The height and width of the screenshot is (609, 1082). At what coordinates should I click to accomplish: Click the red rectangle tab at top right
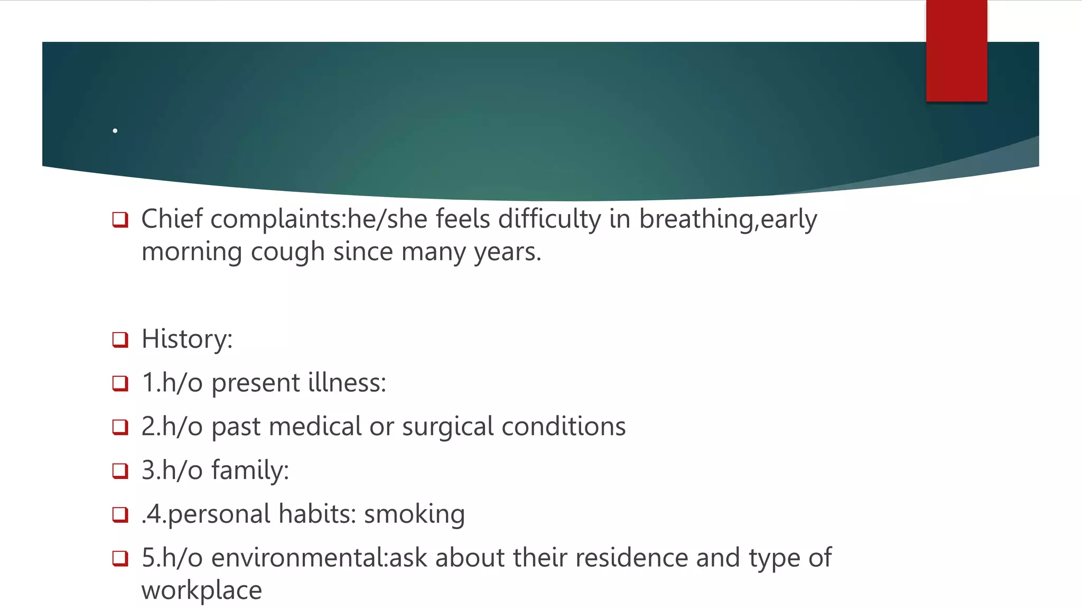pos(956,51)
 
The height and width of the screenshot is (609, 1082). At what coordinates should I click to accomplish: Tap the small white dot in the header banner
pos(115,131)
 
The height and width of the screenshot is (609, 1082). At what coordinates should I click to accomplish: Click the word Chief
pos(172,219)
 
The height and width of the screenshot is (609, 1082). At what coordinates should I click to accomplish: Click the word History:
pos(187,339)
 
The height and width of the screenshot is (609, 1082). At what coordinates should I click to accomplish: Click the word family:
pos(250,470)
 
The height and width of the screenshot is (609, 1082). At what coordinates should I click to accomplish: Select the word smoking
pos(414,514)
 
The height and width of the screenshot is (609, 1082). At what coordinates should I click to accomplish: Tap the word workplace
pos(201,590)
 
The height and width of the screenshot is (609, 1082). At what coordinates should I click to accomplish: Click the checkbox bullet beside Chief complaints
pos(120,219)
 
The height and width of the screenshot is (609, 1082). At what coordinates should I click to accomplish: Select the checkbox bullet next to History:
pos(120,339)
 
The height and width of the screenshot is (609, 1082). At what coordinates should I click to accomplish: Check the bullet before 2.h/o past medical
pos(120,427)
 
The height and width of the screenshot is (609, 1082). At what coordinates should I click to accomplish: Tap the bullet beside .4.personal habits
pos(120,514)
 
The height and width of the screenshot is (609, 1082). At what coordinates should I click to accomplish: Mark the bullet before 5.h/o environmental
pos(120,558)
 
